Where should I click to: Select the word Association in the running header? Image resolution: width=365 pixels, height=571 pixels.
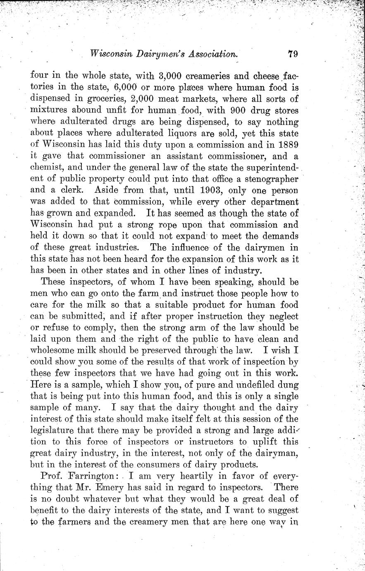point(212,53)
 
